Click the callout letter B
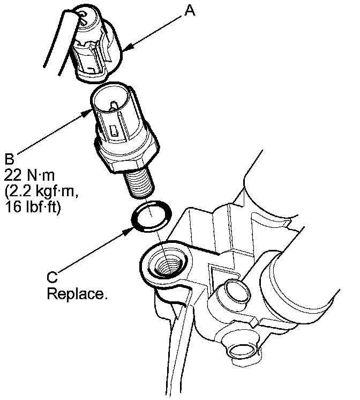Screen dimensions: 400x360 click(x=9, y=159)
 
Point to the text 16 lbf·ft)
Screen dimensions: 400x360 click(x=33, y=205)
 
